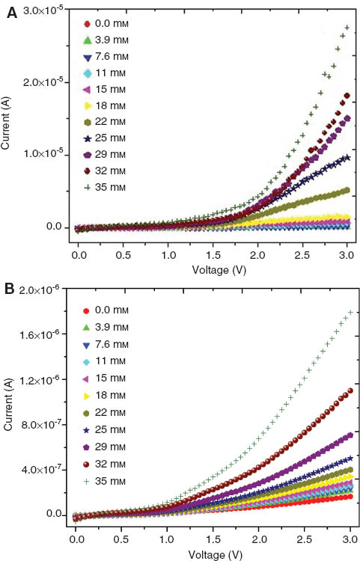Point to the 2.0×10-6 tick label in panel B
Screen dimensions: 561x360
coord(43,290)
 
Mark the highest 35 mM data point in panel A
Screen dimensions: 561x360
coord(347,28)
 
